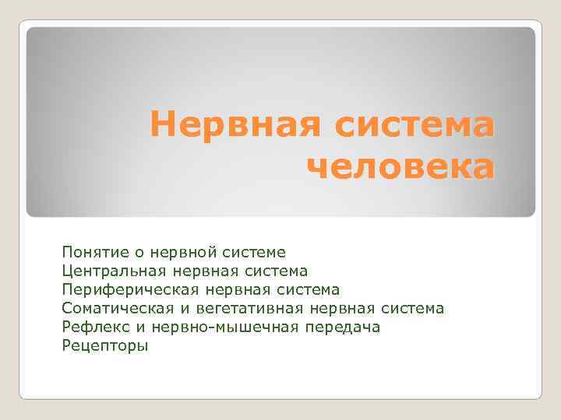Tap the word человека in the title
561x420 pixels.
pyautogui.click(x=400, y=167)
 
